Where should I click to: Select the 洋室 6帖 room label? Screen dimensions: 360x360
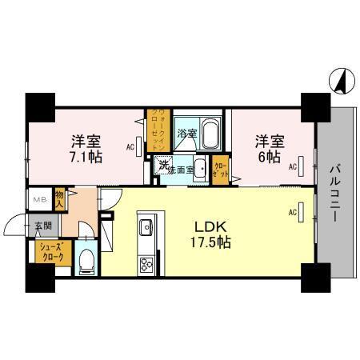[x=269, y=149]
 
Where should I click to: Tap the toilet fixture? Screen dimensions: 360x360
[x=88, y=259]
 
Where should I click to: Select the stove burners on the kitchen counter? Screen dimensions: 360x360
[x=146, y=265]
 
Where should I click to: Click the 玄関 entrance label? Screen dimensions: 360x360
[x=42, y=226]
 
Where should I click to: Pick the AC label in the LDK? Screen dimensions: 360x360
[x=292, y=212]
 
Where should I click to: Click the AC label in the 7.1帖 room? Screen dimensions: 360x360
[x=130, y=146]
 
